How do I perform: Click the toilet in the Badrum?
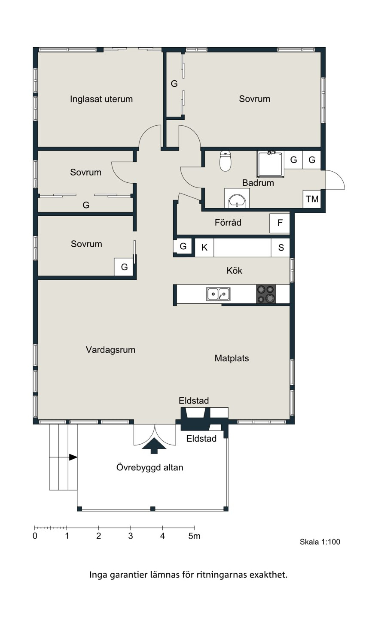(x=225, y=161)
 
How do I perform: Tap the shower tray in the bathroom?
(x=270, y=164)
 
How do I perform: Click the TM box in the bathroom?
(x=312, y=199)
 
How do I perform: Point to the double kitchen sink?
(x=218, y=294)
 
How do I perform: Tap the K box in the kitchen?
(x=204, y=247)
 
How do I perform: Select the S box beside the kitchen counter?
(x=281, y=247)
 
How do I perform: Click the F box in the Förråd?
(x=280, y=223)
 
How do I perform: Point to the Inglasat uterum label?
(x=101, y=99)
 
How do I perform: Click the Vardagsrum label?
(x=111, y=350)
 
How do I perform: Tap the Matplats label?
(x=231, y=358)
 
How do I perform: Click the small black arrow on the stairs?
(x=73, y=457)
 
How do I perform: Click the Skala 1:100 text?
(x=320, y=542)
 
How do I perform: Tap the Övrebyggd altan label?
(x=150, y=467)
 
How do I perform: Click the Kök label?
(x=234, y=270)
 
